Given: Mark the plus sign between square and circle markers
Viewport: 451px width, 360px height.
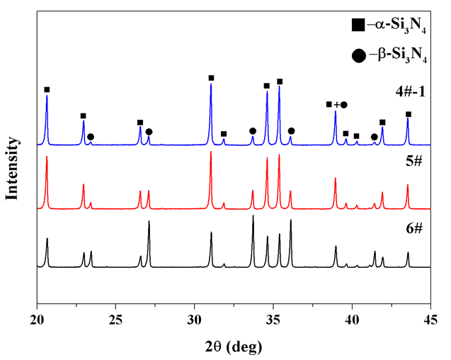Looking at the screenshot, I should point(336,105).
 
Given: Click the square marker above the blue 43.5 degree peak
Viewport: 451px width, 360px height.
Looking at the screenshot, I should point(408,114).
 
